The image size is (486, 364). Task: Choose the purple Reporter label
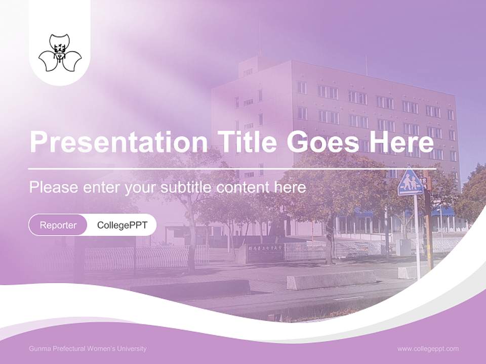coord(58,225)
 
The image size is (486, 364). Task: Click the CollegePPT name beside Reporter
coord(122,225)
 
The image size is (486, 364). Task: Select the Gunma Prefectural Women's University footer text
coord(88,349)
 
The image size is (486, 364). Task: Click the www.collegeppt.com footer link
coord(428,348)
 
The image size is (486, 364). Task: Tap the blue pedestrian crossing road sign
coord(410,182)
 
